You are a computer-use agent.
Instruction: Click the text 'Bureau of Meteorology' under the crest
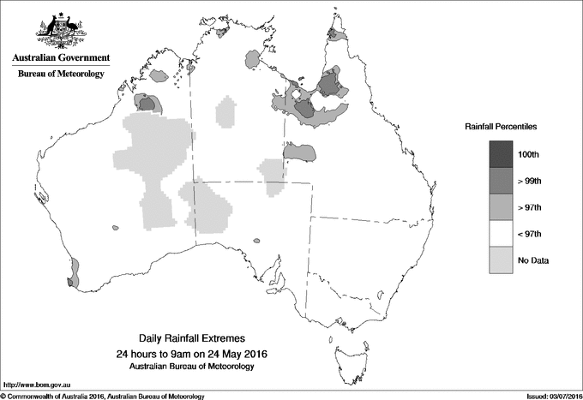point(61,74)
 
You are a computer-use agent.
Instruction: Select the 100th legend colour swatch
point(502,154)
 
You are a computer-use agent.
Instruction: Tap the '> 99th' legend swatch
point(502,181)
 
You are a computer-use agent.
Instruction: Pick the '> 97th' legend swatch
point(502,207)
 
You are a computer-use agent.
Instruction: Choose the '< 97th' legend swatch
point(502,234)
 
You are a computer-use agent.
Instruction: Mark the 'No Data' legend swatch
point(502,260)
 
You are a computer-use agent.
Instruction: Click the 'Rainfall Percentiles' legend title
point(501,126)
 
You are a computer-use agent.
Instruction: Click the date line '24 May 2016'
point(198,354)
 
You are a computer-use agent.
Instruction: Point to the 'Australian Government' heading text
point(61,58)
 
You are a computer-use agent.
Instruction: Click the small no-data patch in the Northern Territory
point(226,111)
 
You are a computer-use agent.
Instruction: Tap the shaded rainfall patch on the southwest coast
point(73,273)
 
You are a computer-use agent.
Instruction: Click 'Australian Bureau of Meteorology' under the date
point(198,367)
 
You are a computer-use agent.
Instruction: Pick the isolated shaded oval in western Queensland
point(299,152)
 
